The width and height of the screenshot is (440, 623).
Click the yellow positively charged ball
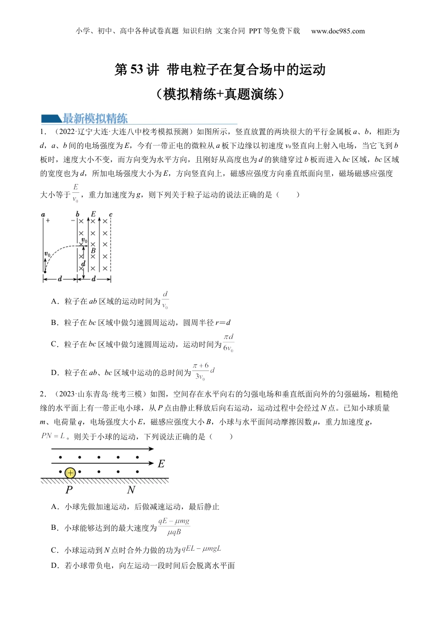(70, 473)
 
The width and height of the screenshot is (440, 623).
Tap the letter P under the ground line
(69, 490)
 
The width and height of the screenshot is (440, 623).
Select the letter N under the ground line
(131, 490)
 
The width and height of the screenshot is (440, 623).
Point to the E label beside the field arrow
(161, 464)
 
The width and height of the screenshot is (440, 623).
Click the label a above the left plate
(43, 215)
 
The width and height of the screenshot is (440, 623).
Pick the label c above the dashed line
(110, 215)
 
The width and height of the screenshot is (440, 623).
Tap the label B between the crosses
(93, 251)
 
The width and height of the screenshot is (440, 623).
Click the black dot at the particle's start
(45, 272)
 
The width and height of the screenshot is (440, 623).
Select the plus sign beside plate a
(48, 221)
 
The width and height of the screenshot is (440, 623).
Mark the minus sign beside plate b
(73, 221)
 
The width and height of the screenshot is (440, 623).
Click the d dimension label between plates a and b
(60, 279)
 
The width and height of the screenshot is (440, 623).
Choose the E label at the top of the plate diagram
(93, 214)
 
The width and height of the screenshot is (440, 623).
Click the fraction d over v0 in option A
(165, 300)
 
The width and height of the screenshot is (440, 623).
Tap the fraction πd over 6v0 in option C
(228, 343)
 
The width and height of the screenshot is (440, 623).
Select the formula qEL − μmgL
(201, 549)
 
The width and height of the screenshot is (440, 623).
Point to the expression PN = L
(53, 436)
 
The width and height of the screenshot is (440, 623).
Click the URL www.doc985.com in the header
(338, 31)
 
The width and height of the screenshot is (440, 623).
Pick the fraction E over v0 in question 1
(75, 193)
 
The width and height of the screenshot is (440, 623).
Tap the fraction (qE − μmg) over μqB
(174, 527)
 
